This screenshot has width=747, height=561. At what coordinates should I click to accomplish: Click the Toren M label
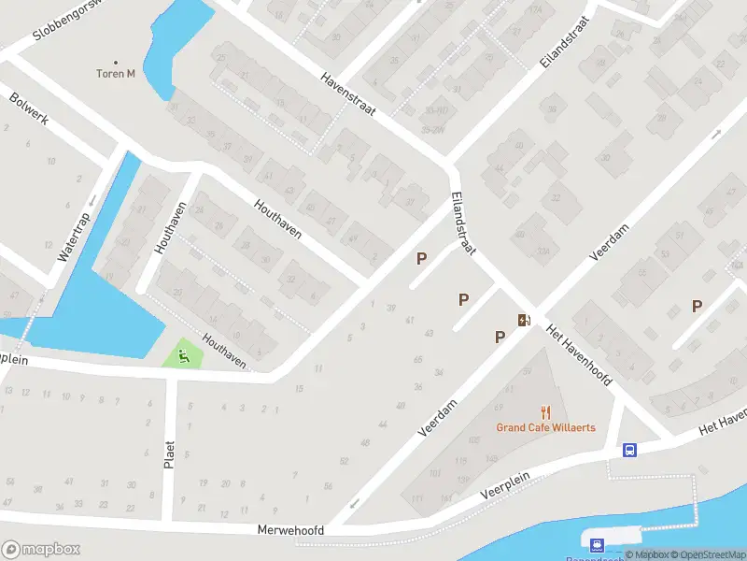coord(117,74)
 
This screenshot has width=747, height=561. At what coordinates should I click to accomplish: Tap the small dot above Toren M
coord(117,62)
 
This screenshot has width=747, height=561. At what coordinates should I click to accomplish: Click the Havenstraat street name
coord(347,93)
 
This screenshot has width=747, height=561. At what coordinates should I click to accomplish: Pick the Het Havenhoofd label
coord(578,356)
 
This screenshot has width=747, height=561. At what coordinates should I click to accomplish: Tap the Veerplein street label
coord(505,490)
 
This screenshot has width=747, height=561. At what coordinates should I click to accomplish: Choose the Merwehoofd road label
coord(290,530)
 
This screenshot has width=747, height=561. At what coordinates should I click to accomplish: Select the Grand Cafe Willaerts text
coord(545,428)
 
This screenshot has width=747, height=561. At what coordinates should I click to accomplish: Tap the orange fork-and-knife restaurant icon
coord(546,411)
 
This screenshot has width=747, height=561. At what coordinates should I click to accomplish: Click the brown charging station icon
coord(524,320)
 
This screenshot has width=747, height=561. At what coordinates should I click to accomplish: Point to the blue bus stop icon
coord(630,451)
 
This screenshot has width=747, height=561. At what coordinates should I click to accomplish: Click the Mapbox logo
coord(41,549)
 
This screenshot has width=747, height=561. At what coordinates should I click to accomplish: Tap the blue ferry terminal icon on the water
coord(594,542)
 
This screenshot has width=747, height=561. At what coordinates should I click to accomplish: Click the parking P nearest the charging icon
coord(500,337)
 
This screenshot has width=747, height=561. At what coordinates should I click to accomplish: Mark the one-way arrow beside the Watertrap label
coord(92,199)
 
